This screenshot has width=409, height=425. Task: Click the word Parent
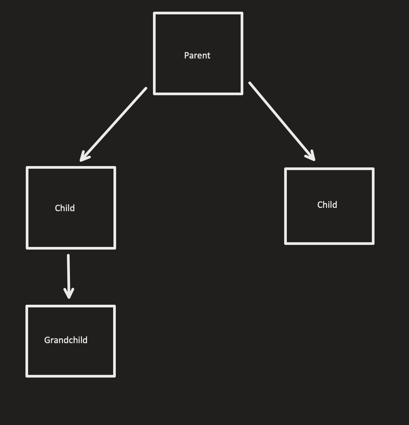click(197, 55)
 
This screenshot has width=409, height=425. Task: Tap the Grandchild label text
click(66, 340)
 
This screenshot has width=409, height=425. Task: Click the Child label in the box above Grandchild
click(65, 208)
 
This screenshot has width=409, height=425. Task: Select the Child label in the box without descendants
click(327, 205)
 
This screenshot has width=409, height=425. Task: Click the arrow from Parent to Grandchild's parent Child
click(114, 124)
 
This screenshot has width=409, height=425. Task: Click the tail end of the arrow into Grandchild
click(68, 256)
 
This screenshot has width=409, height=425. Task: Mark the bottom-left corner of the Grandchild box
click(27, 376)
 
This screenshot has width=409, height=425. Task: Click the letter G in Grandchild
click(47, 340)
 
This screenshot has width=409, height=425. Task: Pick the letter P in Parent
click(186, 55)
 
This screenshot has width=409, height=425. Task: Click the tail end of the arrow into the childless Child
click(250, 83)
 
